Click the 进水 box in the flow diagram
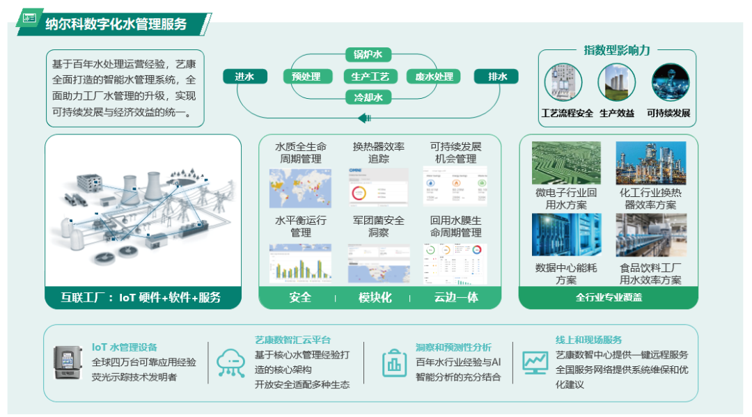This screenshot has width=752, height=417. pos(244,77)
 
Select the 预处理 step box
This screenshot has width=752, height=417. pos(306,77)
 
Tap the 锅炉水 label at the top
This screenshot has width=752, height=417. pos(368,54)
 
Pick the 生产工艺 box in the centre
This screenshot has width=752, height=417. pos(370,77)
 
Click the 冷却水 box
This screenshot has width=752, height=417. pos(368,98)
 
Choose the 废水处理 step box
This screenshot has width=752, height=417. pos(434,77)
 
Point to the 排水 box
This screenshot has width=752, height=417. pos(497,77)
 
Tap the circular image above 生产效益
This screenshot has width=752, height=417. pos(616,82)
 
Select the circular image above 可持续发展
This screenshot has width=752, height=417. pos(670,82)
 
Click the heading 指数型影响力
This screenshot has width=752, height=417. pos(617,50)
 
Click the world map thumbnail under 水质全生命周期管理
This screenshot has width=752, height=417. pos(300,188)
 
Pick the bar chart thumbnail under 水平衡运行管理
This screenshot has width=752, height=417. pos(300,262)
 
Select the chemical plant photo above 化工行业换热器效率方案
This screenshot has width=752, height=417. pos(650,163)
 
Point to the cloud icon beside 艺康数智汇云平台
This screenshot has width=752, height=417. pos(230,363)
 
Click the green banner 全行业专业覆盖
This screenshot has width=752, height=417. pos(609,297)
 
